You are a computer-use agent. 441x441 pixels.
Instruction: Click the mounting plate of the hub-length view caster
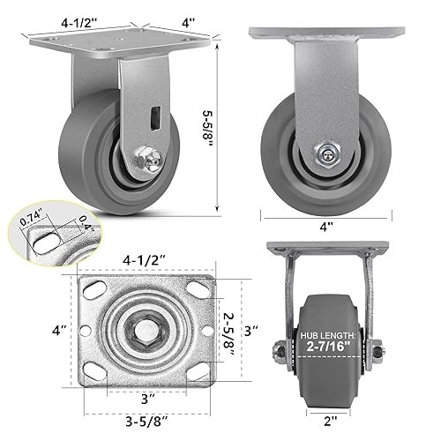pos(327,250)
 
